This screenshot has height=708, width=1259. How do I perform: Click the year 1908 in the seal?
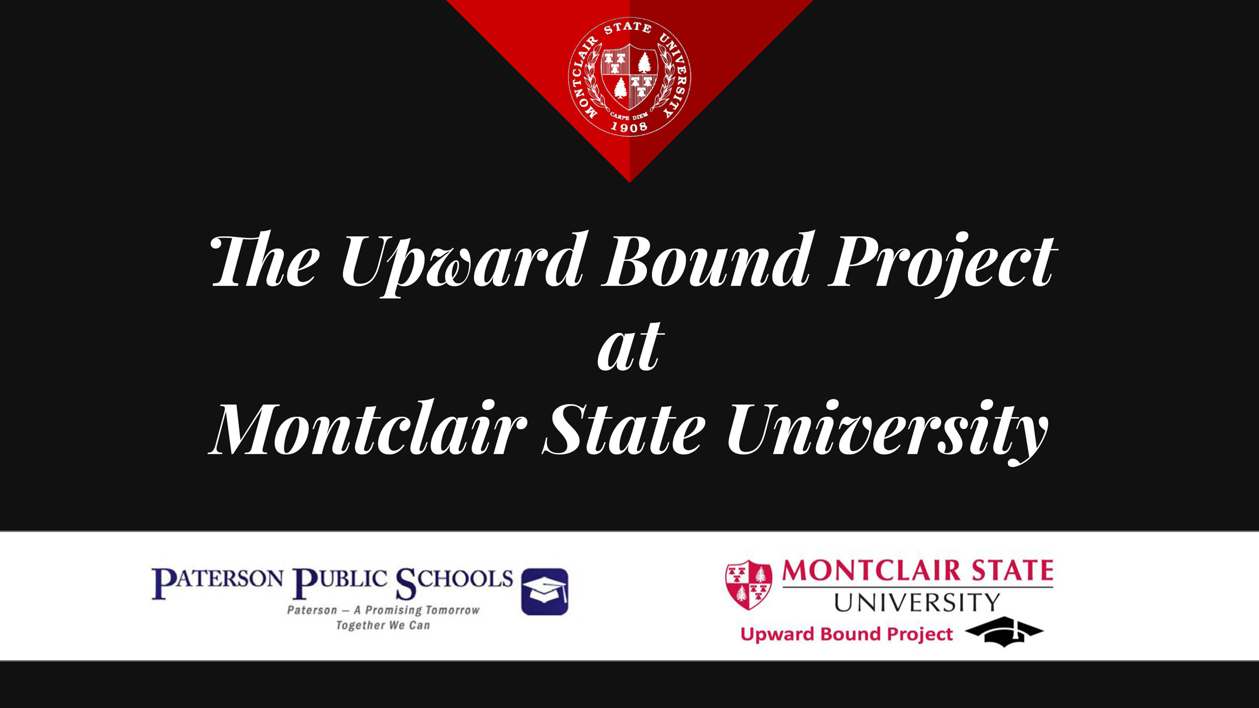pos(629,126)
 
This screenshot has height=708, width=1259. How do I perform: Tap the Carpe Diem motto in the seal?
pos(629,116)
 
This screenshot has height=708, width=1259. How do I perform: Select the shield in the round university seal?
pos(629,76)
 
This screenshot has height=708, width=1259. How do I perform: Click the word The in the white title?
pos(265,262)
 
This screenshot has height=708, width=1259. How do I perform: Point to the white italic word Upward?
pos(462,262)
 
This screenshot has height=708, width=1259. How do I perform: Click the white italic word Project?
pos(942,262)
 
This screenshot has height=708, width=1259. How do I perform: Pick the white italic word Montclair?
pos(367,430)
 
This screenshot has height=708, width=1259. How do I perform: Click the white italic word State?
pos(624,430)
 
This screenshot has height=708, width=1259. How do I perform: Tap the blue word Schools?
pos(454,581)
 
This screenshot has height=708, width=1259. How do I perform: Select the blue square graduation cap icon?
pos(545,591)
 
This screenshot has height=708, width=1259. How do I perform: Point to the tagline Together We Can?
pos(383,625)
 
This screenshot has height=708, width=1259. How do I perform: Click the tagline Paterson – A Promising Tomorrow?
pos(383,610)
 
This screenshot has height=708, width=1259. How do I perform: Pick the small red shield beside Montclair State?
pos(749,584)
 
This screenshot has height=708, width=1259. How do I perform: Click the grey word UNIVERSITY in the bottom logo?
pos(917,603)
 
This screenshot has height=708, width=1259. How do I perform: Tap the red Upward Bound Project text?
pos(846,634)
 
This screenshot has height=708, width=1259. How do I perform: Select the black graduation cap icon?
pos(1004,631)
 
